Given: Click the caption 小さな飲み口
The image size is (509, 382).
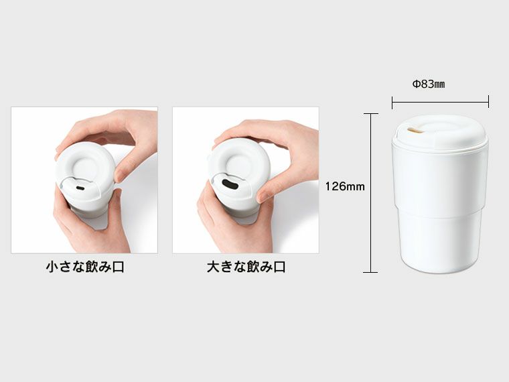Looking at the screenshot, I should pyautogui.click(x=85, y=267).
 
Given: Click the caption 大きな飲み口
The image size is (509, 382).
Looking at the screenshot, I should pyautogui.click(x=246, y=267).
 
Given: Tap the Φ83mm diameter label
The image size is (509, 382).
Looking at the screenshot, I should pyautogui.click(x=429, y=84).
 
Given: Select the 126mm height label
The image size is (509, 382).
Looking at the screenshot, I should pyautogui.click(x=345, y=186).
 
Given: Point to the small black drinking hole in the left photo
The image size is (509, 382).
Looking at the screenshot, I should pyautogui.click(x=80, y=188).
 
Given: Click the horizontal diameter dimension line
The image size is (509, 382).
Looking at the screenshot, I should pyautogui.click(x=440, y=103).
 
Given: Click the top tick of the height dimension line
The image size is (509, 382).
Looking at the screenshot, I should pyautogui.click(x=370, y=114).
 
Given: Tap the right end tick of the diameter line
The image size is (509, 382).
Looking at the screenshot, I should pyautogui.click(x=488, y=102).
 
